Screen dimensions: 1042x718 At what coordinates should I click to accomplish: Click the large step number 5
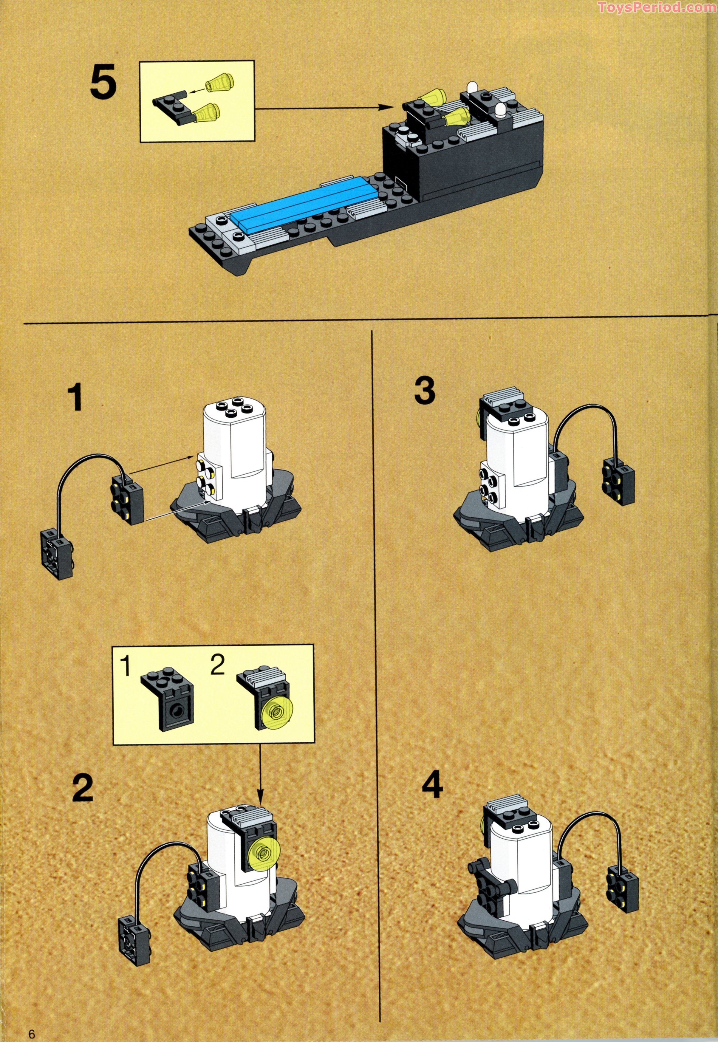tap(103, 83)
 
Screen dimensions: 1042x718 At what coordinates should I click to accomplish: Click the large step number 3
tap(424, 390)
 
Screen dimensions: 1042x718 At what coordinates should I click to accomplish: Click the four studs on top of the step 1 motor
tap(233, 410)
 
